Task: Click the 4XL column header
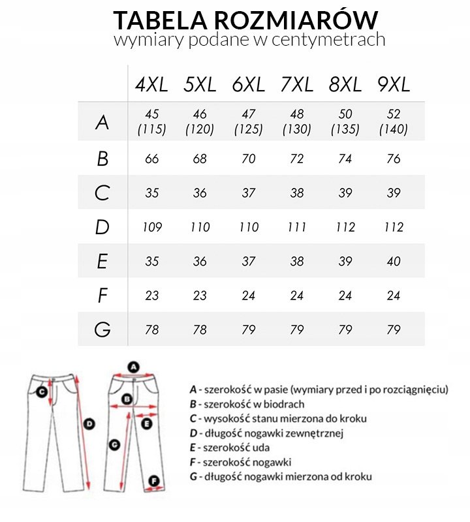[151, 84]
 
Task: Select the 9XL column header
[393, 84]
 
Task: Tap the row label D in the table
[102, 227]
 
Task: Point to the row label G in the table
[102, 330]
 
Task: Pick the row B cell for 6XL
[248, 159]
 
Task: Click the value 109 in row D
[152, 227]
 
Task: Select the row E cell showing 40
[393, 261]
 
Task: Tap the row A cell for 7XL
[296, 122]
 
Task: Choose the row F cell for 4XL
[152, 295]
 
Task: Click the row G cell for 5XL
[200, 330]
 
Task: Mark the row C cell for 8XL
[345, 193]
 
